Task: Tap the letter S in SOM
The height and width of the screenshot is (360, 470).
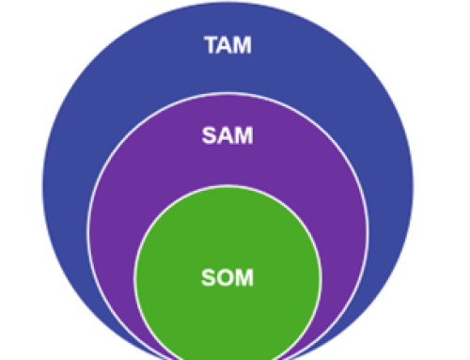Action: tap(209, 278)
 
